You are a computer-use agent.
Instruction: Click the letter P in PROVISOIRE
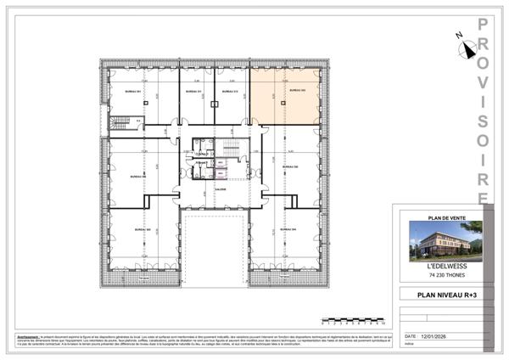pos(483,25)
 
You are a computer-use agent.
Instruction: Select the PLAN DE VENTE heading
pos(443,216)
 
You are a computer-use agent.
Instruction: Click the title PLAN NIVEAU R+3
pos(444,296)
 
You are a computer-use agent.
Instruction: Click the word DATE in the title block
pos(413,337)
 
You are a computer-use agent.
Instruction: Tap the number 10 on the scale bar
pos(383,324)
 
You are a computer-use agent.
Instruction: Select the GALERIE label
pos(219,188)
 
